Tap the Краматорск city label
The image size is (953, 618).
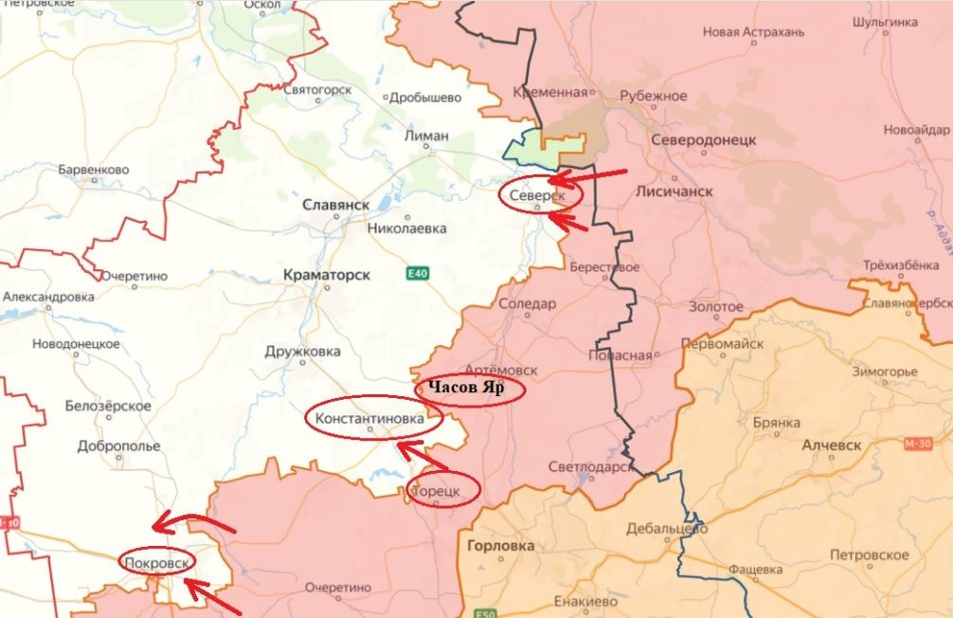(326, 275)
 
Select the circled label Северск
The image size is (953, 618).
(537, 195)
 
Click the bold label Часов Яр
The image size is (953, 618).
(467, 388)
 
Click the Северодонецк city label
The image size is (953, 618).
(704, 140)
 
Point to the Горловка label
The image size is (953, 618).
(501, 546)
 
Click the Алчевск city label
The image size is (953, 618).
(831, 445)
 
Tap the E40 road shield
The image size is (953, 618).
(417, 274)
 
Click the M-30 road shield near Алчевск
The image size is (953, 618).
(917, 444)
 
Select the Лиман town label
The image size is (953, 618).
(426, 136)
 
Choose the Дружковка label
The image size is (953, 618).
(302, 352)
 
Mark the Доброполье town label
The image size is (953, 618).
(118, 445)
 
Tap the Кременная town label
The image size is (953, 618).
(549, 93)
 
